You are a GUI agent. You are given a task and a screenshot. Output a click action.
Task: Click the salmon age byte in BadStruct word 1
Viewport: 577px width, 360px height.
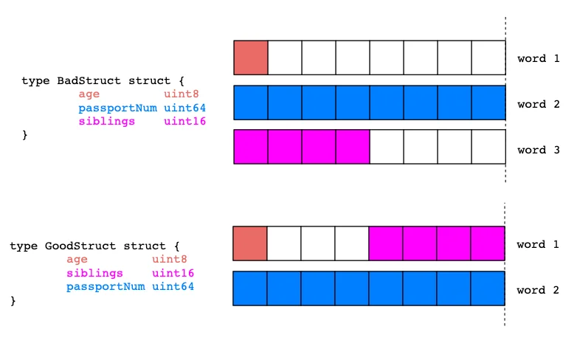pyautogui.click(x=251, y=58)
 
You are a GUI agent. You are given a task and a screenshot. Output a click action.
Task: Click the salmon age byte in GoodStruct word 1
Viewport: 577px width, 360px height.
pyautogui.click(x=250, y=243)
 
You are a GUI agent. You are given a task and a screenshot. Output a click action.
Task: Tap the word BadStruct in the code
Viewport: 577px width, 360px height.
pyautogui.click(x=89, y=80)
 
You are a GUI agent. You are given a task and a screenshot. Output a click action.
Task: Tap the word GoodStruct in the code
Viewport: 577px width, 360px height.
pyautogui.click(x=80, y=246)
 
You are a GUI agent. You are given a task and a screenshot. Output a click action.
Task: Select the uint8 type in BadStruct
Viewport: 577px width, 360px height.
pyautogui.click(x=181, y=94)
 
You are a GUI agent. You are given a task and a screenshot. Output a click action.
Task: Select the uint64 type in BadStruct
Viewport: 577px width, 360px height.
pyautogui.click(x=184, y=108)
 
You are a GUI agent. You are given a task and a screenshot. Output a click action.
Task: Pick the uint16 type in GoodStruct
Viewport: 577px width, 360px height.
pyautogui.click(x=173, y=273)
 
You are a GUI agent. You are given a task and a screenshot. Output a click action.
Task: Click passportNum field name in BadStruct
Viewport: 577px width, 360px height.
pyautogui.click(x=118, y=108)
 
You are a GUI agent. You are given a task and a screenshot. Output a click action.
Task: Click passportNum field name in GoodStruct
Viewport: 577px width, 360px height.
pyautogui.click(x=106, y=287)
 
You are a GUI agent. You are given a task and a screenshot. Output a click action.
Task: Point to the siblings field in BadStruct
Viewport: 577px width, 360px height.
pyautogui.click(x=107, y=122)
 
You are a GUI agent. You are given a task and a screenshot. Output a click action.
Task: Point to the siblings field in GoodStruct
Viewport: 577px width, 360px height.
pyautogui.click(x=94, y=274)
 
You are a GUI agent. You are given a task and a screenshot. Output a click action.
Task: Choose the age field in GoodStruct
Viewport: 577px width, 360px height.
pyautogui.click(x=77, y=260)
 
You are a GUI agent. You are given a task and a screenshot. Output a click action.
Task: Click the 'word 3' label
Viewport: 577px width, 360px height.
pyautogui.click(x=539, y=150)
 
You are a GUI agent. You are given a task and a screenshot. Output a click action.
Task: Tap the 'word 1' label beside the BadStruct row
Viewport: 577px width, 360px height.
pyautogui.click(x=539, y=58)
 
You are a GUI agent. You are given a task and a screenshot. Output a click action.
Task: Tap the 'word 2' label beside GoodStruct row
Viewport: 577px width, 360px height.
pyautogui.click(x=538, y=290)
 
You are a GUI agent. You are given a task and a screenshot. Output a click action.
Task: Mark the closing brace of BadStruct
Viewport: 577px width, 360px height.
pyautogui.click(x=24, y=135)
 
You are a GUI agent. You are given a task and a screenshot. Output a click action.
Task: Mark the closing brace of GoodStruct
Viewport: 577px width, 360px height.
pyautogui.click(x=13, y=301)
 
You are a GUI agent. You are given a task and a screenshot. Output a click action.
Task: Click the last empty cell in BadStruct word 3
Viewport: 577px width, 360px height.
pyautogui.click(x=488, y=147)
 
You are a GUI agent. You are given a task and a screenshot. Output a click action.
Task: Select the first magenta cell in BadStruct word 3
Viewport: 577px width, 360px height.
pyautogui.click(x=251, y=147)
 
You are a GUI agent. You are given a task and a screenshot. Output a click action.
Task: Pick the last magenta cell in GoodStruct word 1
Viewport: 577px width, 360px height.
pyautogui.click(x=488, y=243)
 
